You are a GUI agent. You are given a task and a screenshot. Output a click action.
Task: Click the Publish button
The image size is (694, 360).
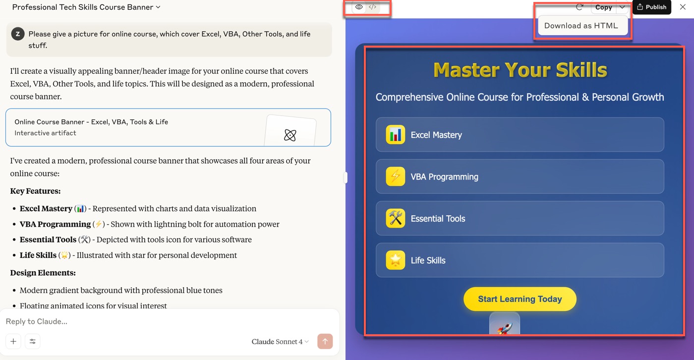(x=651, y=7)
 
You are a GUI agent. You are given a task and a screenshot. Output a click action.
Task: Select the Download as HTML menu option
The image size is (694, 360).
(x=581, y=26)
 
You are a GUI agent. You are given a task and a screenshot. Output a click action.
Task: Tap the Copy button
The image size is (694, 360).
(x=603, y=7)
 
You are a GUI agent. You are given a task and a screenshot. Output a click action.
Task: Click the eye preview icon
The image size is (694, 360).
(x=359, y=7)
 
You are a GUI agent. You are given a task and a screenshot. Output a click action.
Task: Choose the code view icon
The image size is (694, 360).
(x=372, y=7)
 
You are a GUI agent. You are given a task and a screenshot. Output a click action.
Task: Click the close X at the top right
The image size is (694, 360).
(x=683, y=7)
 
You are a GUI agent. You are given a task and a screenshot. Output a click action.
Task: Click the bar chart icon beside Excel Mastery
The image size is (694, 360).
(x=396, y=134)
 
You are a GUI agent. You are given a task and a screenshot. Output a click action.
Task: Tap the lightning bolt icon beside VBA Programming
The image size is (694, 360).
(x=396, y=177)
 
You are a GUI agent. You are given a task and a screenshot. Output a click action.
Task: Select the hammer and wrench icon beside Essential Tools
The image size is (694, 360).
(x=396, y=218)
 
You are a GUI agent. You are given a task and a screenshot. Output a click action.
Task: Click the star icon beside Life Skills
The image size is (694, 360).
(x=396, y=260)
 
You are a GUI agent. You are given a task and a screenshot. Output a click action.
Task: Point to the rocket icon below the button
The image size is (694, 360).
(x=505, y=327)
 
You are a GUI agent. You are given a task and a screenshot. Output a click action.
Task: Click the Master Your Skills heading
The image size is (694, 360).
(x=520, y=70)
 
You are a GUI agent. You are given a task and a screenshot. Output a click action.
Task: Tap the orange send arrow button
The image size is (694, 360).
(x=325, y=341)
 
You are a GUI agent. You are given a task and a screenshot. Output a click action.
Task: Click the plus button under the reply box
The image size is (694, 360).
(x=13, y=341)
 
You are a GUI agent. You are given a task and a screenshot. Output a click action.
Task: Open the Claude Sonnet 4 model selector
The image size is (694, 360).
(x=280, y=342)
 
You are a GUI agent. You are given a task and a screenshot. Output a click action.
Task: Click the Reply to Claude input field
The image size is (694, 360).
(x=168, y=321)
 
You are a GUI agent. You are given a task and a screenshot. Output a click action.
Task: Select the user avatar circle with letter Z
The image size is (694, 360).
(x=18, y=34)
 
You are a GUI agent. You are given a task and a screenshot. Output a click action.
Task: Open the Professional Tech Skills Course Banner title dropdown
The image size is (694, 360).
(x=86, y=7)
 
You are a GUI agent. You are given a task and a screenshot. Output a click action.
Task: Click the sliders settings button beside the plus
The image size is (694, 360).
(x=33, y=341)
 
